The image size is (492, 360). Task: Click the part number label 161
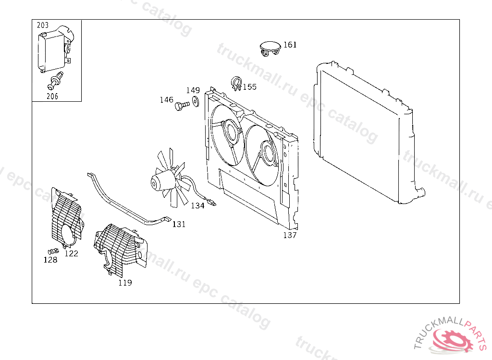[290, 45]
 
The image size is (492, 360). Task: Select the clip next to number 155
[236, 83]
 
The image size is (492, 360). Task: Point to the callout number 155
[249, 87]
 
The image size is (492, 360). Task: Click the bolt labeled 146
[182, 105]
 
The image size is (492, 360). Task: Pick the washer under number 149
[196, 102]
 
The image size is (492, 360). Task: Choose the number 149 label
[193, 90]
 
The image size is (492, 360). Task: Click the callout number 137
[290, 235]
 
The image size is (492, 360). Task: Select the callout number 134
[197, 205]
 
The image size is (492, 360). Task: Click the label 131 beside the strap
[179, 224]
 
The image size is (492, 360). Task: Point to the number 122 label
[71, 253]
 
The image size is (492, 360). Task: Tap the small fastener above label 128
[53, 251]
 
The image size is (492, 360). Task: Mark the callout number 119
[125, 283]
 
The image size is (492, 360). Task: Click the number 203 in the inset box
[43, 25]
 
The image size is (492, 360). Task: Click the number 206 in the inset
[52, 96]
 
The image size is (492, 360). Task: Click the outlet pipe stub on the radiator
[421, 193]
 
